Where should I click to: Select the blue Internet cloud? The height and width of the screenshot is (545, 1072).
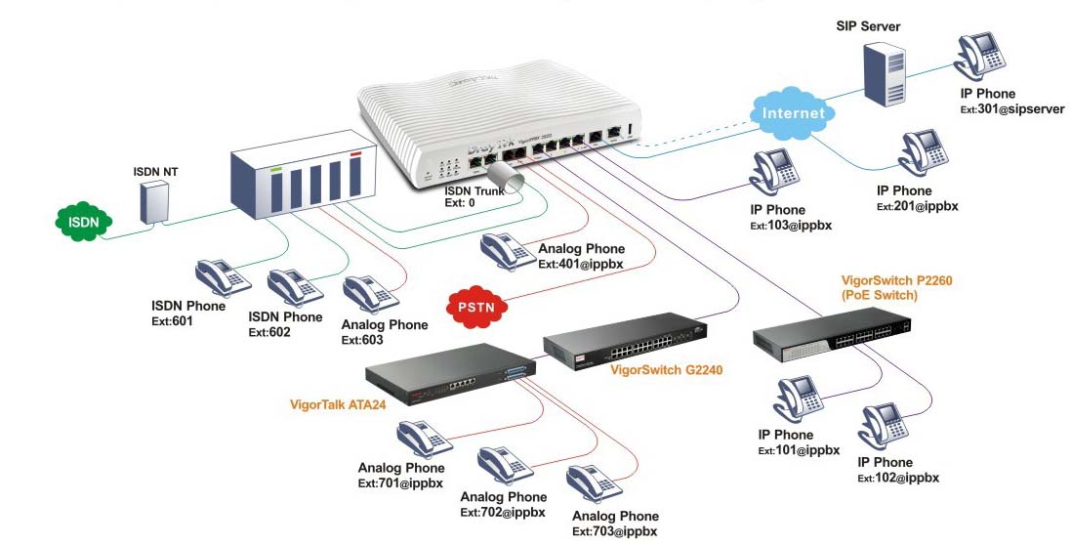(x=793, y=111)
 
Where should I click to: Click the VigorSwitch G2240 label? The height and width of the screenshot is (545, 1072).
(x=666, y=370)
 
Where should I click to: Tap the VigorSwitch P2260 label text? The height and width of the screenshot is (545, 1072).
(x=896, y=280)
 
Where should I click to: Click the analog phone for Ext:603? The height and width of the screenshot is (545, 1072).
(x=366, y=293)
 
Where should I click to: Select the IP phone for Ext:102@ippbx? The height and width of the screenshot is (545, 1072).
(x=886, y=426)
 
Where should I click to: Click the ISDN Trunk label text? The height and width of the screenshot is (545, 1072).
(x=474, y=191)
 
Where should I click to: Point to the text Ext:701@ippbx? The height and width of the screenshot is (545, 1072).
(x=400, y=483)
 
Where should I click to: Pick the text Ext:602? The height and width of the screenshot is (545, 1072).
(x=269, y=332)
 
